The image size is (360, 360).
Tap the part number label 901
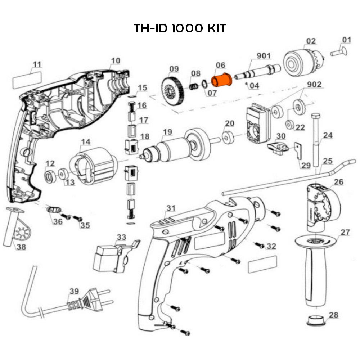click(264, 56)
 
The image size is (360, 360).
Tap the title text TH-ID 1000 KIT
click(180, 28)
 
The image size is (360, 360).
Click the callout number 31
click(171, 208)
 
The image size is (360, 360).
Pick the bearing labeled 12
click(50, 177)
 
